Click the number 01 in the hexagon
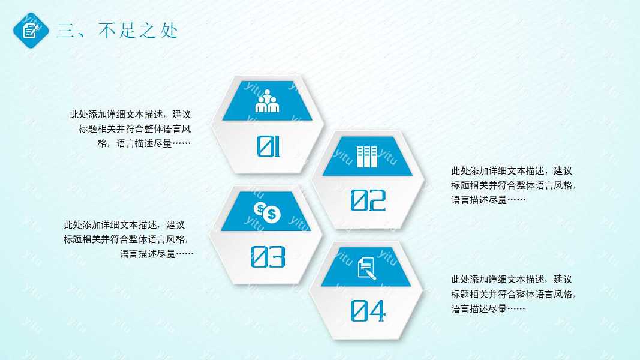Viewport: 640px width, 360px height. tap(268, 146)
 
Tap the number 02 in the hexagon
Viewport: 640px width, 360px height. tap(368, 200)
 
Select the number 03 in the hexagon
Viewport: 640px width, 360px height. tap(268, 257)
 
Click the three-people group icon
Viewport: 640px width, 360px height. tap(268, 103)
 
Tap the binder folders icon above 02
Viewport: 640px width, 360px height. tap(367, 157)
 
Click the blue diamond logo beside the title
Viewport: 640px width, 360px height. tap(30, 29)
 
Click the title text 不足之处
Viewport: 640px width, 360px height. tap(138, 31)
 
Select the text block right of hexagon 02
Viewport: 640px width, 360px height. tap(514, 185)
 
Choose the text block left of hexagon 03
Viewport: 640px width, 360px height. tap(128, 239)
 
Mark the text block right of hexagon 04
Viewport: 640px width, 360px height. tap(514, 294)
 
